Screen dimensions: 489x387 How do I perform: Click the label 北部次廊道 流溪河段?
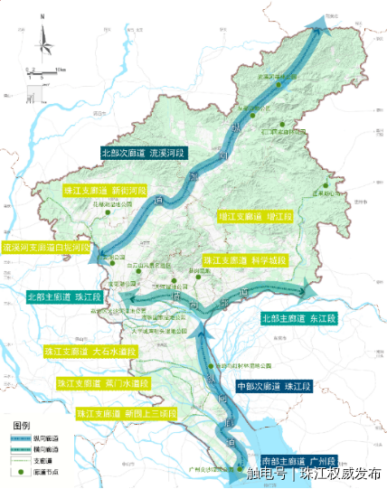click(147, 154)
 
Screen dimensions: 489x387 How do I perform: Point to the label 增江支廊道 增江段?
click(256, 217)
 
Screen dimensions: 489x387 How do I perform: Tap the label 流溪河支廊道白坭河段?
click(46, 246)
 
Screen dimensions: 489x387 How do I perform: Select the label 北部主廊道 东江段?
click(297, 318)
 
